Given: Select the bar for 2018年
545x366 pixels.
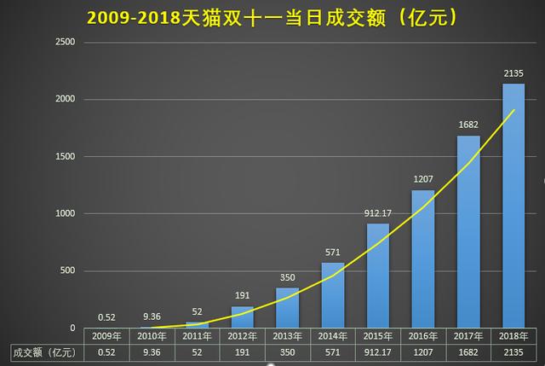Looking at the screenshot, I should [513, 205].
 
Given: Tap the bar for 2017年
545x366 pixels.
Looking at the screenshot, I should [468, 231].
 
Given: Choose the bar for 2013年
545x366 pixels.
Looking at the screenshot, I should [287, 307].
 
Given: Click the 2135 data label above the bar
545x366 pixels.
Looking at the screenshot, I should [513, 73].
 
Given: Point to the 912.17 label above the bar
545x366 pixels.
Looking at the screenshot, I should [377, 213].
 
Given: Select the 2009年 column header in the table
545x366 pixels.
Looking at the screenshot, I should [106, 336].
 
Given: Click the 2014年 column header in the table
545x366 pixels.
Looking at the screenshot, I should [332, 336].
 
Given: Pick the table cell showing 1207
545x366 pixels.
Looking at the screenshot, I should [423, 351].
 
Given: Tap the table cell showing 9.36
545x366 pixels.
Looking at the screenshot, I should [152, 351].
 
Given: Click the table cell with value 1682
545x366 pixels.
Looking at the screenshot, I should [468, 351].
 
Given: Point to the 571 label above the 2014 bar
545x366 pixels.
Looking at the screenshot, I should [332, 253].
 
